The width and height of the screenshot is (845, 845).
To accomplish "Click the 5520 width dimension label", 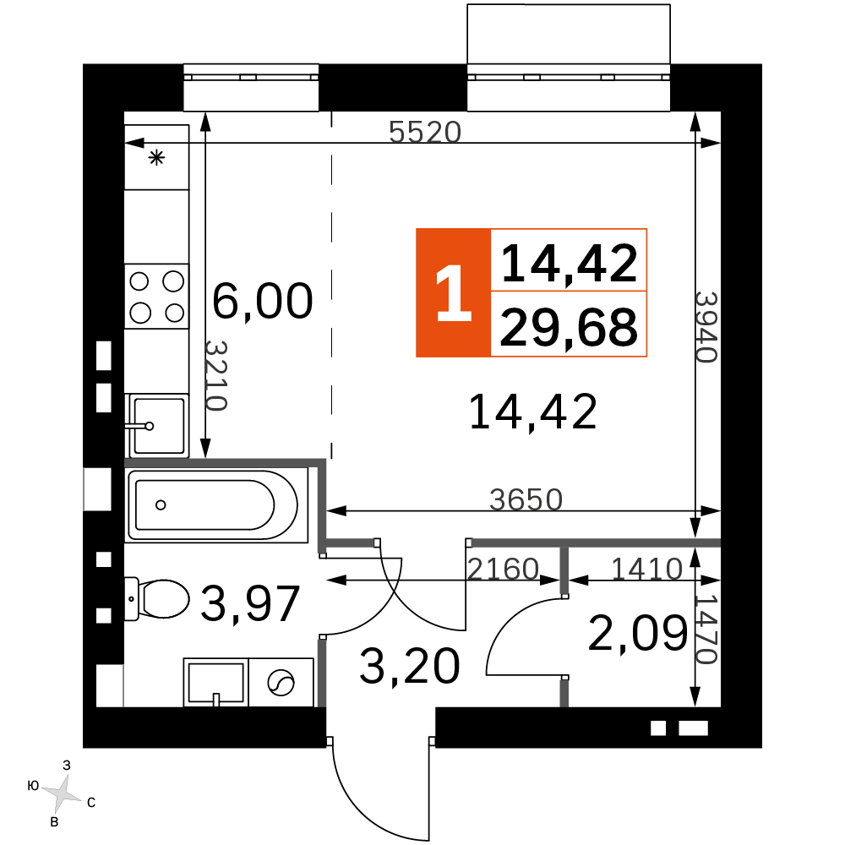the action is tap(425, 132).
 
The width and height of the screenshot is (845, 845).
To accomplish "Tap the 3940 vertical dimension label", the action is tap(706, 327).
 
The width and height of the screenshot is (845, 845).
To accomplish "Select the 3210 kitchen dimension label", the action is tap(215, 376).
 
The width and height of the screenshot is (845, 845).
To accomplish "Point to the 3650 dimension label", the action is tap(526, 499).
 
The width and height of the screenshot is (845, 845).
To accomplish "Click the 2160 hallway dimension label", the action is tap(502, 569).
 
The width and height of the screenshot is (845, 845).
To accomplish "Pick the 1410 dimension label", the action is tap(646, 569).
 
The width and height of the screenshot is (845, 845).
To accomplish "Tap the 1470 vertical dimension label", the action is tap(706, 629).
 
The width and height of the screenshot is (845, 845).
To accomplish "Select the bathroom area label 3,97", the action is tap(250, 603).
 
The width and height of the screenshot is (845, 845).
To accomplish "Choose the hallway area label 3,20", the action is tap(410, 667).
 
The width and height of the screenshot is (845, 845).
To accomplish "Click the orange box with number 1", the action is tap(453, 292).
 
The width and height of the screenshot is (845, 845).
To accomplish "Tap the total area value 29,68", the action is tap(569, 327).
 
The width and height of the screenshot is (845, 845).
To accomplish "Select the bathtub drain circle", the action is tap(161, 505).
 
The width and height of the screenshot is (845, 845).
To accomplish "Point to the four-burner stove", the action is tap(157, 297).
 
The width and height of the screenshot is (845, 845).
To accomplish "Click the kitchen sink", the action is tap(157, 426).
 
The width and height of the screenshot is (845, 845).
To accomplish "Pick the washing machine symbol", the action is tap(281, 682).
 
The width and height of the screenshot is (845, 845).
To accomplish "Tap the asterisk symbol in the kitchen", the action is tap(157, 158).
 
